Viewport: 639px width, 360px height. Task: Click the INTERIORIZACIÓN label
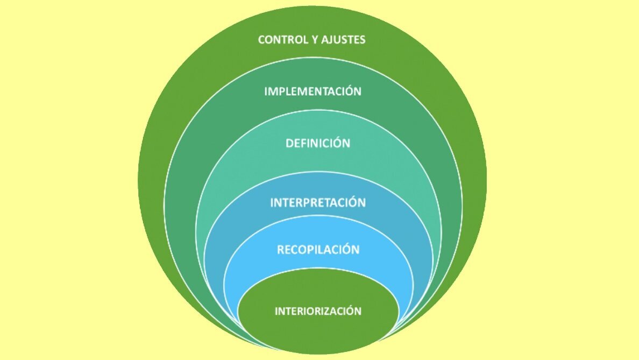[318, 311]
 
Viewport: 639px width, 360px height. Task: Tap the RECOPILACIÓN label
[318, 250]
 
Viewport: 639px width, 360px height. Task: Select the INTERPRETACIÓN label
[318, 203]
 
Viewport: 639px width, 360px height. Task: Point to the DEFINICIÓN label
[318, 143]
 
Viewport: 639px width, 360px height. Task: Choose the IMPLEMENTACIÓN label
[313, 91]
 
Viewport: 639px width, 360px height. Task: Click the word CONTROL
[281, 40]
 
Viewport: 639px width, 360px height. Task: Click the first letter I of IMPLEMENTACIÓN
[266, 91]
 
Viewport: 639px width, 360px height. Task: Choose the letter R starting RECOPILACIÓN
[280, 250]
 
